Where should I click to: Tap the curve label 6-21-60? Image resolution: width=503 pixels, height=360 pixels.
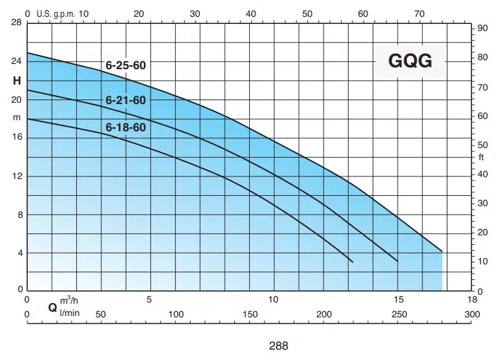pos(126,100)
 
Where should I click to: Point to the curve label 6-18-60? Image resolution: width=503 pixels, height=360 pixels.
pos(126,127)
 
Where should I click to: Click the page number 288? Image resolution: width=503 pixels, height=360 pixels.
pos(278,346)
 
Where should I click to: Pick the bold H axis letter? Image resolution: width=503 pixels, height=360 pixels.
pos(17,81)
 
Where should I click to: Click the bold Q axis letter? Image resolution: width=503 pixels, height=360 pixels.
pos(52,308)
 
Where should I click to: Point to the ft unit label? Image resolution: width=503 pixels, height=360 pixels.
pos(481,157)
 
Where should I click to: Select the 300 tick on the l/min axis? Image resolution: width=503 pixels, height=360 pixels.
pos(473,314)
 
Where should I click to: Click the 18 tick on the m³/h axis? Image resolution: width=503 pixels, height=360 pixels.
pos(473,300)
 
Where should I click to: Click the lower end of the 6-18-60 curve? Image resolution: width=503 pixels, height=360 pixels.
pos(353,262)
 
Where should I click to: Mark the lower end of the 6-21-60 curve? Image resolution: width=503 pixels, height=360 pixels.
pos(397,260)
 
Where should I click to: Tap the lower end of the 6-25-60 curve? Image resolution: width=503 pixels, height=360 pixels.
pos(442,251)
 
